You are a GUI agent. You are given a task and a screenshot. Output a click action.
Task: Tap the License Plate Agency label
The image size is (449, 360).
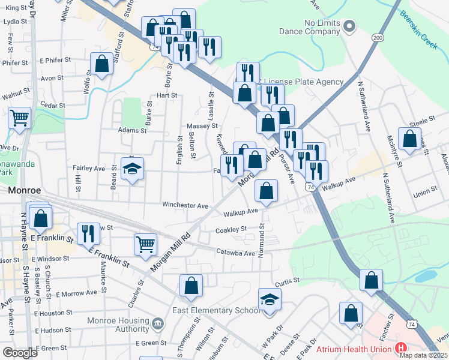point(303,82)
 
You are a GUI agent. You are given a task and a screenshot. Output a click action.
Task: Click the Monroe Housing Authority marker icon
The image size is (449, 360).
point(157,325)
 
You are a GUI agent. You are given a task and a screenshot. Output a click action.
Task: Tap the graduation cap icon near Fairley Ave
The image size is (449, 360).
point(132,169)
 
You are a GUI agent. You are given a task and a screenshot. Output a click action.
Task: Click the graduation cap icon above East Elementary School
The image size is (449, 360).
point(270,299)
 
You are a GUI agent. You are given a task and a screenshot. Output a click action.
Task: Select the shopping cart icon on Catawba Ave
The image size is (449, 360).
point(145,244)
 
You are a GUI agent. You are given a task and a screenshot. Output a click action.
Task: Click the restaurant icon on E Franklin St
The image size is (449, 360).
point(89,233)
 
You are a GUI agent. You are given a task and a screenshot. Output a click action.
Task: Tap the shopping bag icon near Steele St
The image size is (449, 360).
point(409,139)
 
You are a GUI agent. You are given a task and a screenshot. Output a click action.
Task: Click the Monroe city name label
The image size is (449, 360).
point(24,190)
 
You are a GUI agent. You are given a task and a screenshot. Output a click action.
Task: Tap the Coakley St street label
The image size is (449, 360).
point(231,229)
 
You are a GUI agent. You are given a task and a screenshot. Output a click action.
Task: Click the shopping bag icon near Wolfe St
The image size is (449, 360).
point(102,64)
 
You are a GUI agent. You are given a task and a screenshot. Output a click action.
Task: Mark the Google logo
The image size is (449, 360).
point(21,352)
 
